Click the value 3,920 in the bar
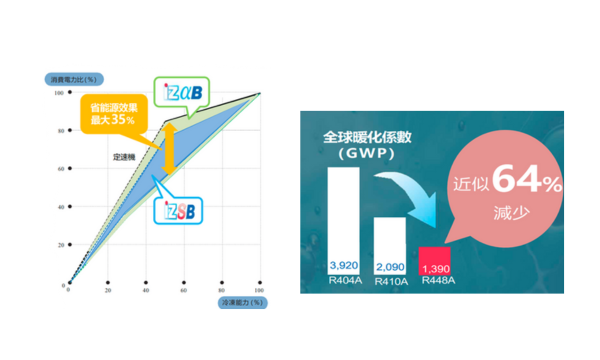click(343, 263)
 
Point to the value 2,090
click(390, 267)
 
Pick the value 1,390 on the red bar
click(438, 268)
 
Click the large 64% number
click(527, 182)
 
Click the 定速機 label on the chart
click(125, 157)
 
